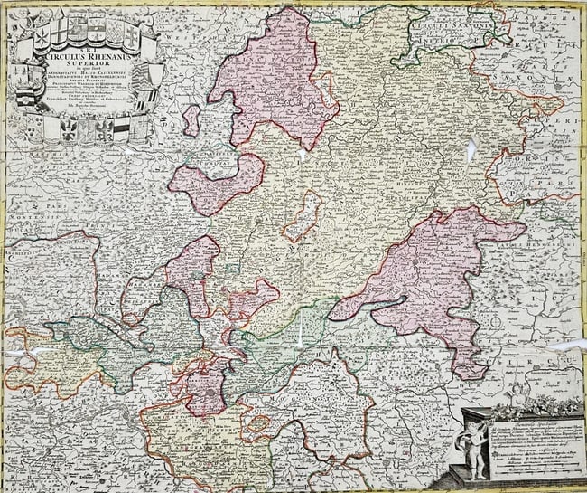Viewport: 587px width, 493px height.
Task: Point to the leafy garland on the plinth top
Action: coord(533,406)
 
